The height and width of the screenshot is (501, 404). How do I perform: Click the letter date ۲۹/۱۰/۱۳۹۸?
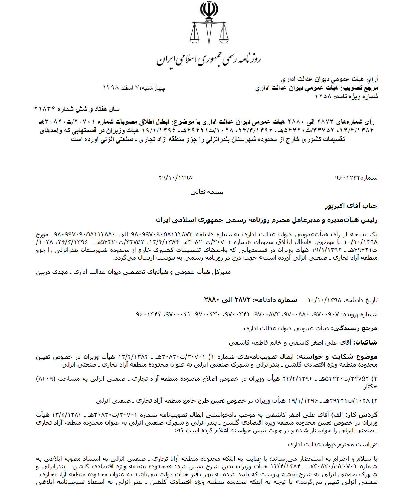coord(175,178)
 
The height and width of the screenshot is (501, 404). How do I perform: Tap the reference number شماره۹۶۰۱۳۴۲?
coord(356,178)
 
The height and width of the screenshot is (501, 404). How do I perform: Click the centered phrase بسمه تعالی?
coord(207,192)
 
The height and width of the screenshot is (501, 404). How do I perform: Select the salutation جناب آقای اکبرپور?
coord(351,206)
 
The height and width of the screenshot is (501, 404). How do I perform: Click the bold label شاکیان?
coord(365,342)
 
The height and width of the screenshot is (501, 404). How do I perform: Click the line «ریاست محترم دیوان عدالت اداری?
coord(333,444)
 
